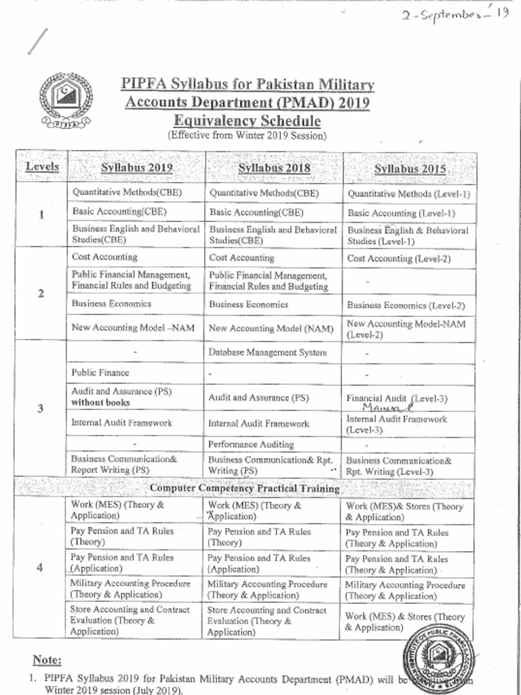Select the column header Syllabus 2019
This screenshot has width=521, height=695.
click(136, 168)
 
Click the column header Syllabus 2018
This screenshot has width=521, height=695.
click(274, 168)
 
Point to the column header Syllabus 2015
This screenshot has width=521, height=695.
click(410, 169)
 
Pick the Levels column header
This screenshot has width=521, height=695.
click(42, 167)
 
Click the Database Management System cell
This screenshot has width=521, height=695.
click(267, 352)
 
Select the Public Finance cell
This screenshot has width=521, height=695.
click(100, 373)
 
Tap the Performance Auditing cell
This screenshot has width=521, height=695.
click(251, 445)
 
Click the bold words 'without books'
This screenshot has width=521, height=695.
click(100, 402)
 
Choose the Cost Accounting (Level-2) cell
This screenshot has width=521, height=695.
click(399, 259)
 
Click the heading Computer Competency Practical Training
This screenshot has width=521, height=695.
click(244, 488)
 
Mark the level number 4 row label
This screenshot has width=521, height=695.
click(41, 568)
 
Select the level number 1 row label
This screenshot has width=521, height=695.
click(41, 215)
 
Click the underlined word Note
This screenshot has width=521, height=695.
click(47, 660)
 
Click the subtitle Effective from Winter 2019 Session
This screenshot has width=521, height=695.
click(247, 135)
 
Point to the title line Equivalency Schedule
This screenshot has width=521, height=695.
click(247, 121)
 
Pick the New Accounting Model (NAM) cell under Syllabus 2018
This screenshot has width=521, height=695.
click(271, 328)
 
